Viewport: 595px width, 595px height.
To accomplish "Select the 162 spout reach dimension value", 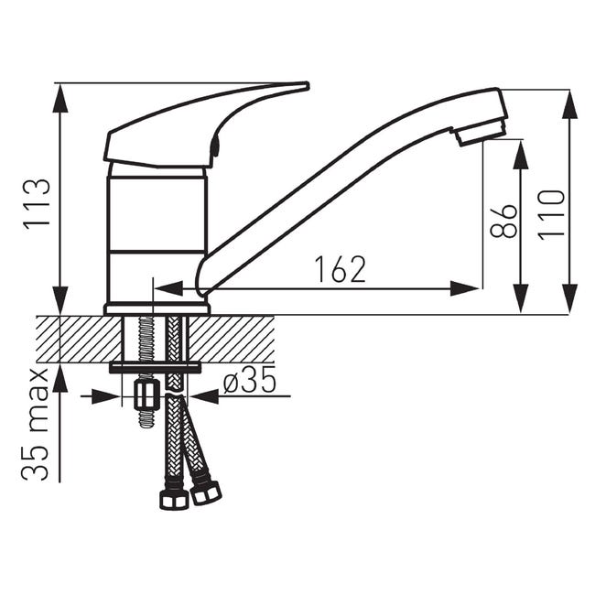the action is pyautogui.click(x=341, y=269).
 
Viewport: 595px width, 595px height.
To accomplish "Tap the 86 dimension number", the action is pyautogui.click(x=504, y=222).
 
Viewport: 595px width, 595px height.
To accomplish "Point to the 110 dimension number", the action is pyautogui.click(x=552, y=215).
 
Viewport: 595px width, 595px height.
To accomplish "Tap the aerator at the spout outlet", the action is pyautogui.click(x=480, y=132).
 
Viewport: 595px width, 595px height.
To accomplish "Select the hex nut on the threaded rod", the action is pyautogui.click(x=147, y=395).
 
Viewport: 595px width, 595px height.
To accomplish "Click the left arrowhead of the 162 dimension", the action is pyautogui.click(x=168, y=289).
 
